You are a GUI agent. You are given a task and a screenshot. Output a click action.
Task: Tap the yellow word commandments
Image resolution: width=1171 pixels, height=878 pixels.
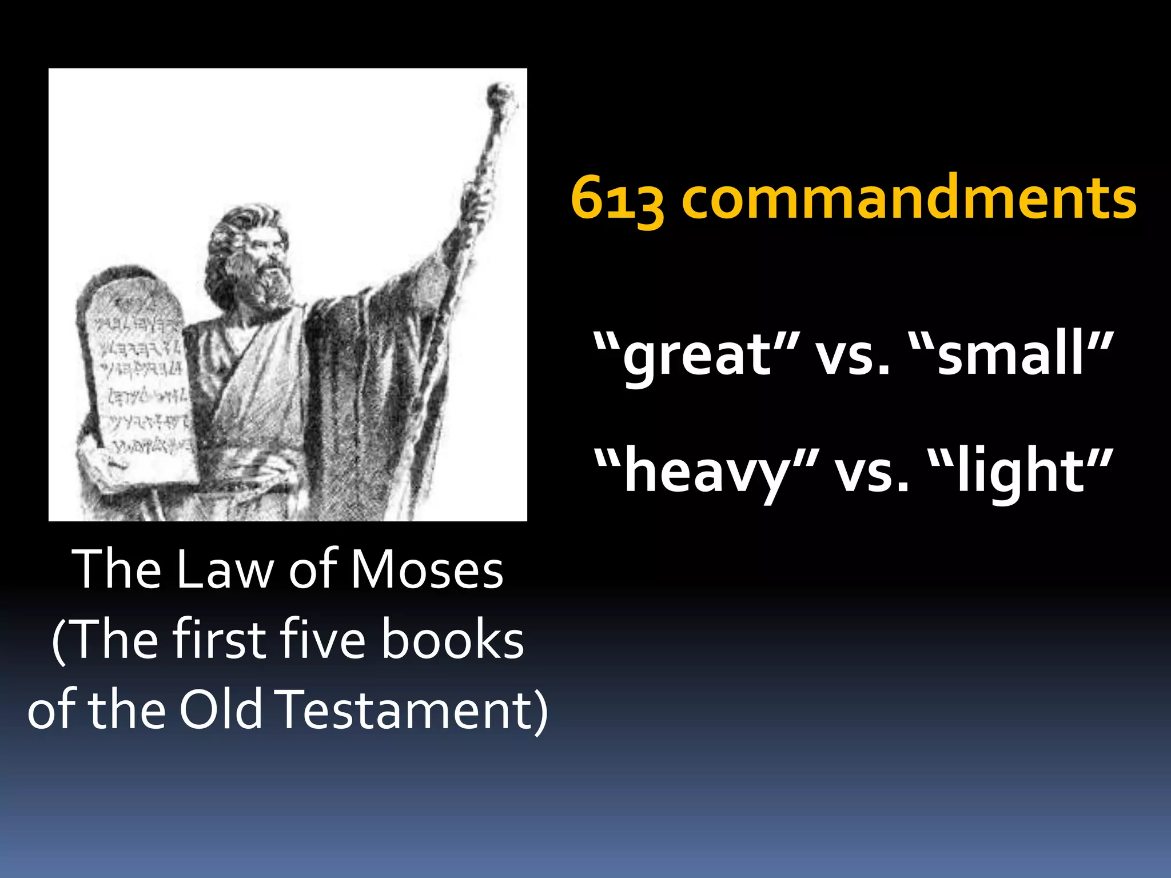pos(909,197)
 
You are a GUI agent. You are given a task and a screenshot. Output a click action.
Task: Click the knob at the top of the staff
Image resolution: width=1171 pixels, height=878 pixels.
pos(501,94)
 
